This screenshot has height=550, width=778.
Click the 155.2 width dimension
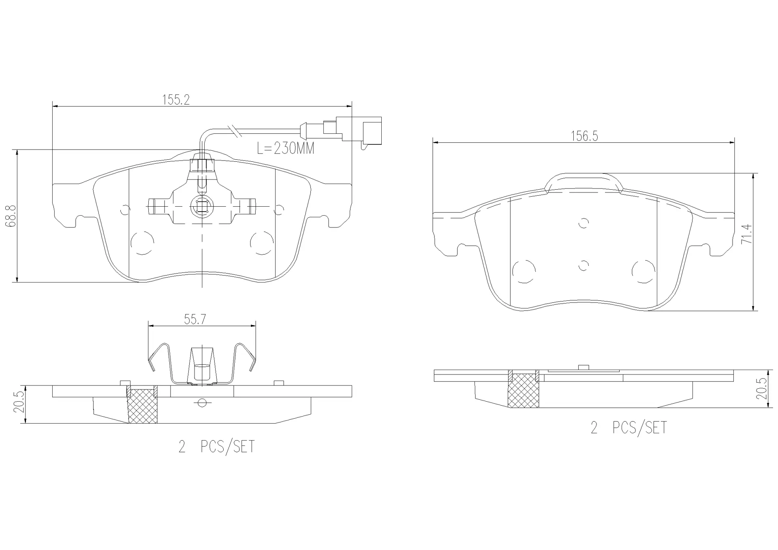pos(176,100)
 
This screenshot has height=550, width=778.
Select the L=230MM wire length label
pos(286,149)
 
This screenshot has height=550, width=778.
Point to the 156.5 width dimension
pos(584,136)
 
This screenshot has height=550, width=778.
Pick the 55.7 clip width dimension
pos(195,319)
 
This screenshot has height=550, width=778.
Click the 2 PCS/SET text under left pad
pos(217,447)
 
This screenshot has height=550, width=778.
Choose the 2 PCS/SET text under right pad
pos(628,428)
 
